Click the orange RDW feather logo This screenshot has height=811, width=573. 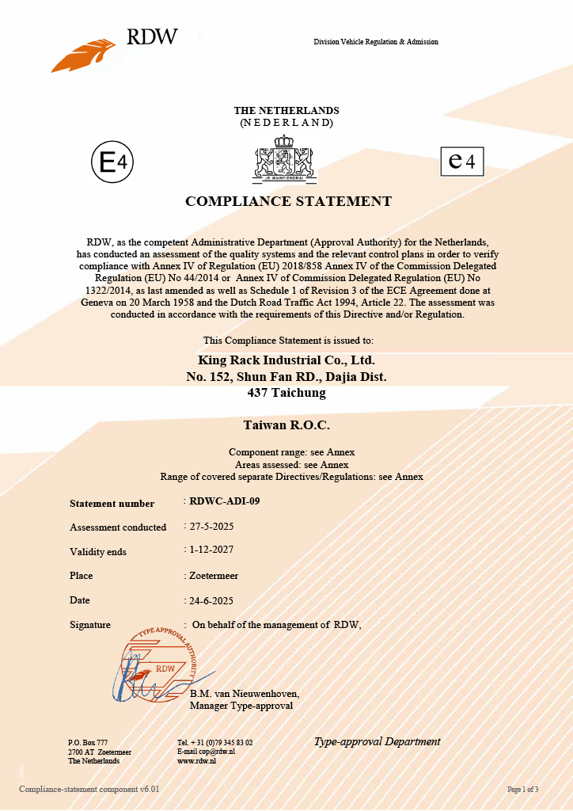(x=83, y=55)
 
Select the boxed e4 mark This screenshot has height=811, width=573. (x=461, y=161)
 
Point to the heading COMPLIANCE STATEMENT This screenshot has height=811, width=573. (x=288, y=201)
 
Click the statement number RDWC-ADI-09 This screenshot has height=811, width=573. (x=225, y=501)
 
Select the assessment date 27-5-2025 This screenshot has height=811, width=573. (x=212, y=525)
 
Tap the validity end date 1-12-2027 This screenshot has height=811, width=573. (x=212, y=550)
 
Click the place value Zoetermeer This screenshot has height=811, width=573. (x=214, y=576)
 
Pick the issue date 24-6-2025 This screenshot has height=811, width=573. (x=212, y=600)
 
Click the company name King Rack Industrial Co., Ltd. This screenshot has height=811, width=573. (x=286, y=360)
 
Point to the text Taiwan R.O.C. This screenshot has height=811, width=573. (x=286, y=425)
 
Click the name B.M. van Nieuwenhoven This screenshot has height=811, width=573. (x=245, y=694)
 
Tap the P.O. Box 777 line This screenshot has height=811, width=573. (x=88, y=742)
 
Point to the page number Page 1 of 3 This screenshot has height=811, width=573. (x=522, y=790)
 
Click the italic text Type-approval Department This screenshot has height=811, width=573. (x=377, y=742)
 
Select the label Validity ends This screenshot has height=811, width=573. (x=98, y=552)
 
